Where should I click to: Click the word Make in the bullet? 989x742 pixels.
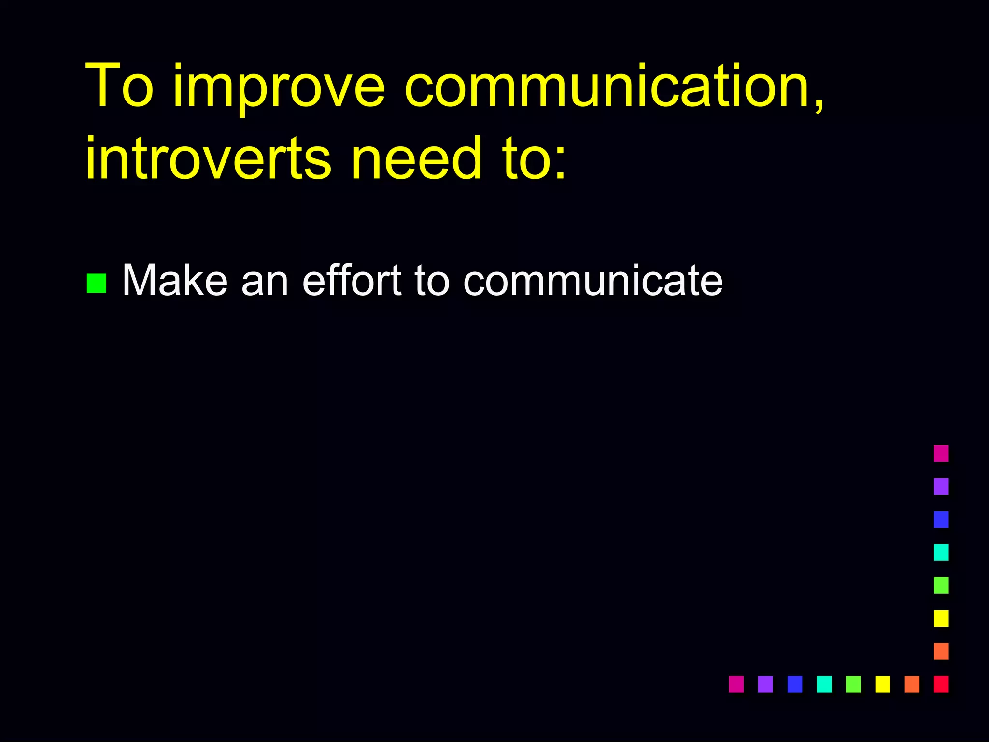click(174, 281)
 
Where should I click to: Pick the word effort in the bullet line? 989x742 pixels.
click(352, 281)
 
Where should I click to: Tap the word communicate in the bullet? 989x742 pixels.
click(593, 281)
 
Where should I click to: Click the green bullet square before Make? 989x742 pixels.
click(96, 284)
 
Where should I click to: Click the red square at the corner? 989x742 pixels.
click(941, 684)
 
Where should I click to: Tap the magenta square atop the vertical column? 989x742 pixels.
click(941, 454)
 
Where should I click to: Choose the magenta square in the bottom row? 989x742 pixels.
click(736, 684)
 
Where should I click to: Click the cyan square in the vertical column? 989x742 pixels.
click(941, 552)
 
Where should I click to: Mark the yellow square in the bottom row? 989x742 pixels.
click(882, 684)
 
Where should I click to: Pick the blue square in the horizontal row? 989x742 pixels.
click(794, 684)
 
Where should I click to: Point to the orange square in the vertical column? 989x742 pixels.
click(941, 651)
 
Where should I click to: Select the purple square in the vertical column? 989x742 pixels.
click(941, 486)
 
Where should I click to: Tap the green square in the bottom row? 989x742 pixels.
click(853, 684)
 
